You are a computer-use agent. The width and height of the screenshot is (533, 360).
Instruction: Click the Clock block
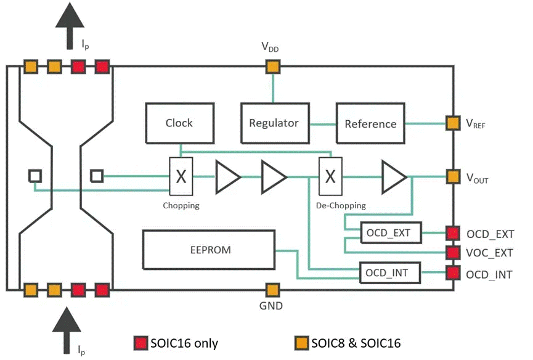pos(179,123)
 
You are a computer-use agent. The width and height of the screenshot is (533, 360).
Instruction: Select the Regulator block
pos(274,123)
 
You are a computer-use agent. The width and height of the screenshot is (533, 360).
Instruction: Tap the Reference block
pos(370,123)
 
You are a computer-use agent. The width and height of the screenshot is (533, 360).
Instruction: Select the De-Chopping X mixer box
pos(330,177)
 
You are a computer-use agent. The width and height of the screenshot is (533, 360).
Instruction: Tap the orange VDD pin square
pos(272,66)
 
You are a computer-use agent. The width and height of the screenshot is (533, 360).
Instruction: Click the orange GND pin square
pos(272,288)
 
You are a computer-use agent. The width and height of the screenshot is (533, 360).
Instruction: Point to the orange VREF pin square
pos(454,123)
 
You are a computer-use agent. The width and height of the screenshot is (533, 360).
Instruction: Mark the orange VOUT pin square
pos(454,178)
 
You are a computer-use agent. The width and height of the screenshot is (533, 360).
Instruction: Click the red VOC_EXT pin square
pos(454,253)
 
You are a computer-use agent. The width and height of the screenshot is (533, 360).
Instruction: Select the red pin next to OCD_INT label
pos(454,272)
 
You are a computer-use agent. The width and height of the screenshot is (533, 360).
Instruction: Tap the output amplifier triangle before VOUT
pos(393,177)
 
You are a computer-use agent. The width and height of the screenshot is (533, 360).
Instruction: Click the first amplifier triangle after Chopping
pos(227,177)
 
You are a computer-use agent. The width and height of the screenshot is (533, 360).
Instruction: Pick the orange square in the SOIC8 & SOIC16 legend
pos(302,343)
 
